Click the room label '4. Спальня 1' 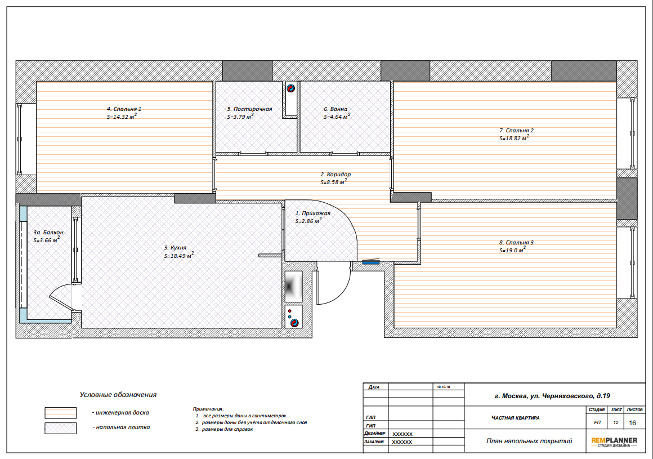[124, 109]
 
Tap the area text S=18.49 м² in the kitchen [178, 255]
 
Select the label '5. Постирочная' [249, 109]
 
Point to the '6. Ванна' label [336, 109]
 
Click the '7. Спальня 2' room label [516, 130]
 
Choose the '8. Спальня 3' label [516, 242]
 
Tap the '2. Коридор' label [336, 175]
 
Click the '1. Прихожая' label [313, 213]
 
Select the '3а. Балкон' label [48, 233]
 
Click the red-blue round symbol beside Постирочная [290, 88]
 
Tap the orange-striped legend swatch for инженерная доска [61, 413]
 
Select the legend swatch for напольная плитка [61, 428]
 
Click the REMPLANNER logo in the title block [614, 442]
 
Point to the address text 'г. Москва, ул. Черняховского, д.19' [552, 396]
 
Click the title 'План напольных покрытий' [529, 440]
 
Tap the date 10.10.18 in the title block [444, 386]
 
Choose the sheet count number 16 [633, 423]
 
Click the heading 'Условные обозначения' [118, 394]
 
